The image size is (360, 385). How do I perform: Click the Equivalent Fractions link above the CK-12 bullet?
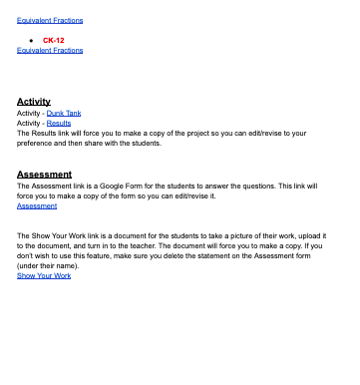point(50,20)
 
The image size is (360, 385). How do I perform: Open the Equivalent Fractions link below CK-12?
point(50,50)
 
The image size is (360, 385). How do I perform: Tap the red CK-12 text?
point(54,40)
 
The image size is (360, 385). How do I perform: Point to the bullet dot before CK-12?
point(33,40)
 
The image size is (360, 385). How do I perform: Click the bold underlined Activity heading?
point(34,102)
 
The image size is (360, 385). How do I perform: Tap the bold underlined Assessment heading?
point(44,175)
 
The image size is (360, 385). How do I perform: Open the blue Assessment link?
point(37,205)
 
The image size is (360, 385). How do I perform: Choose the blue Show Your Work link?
point(44,275)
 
